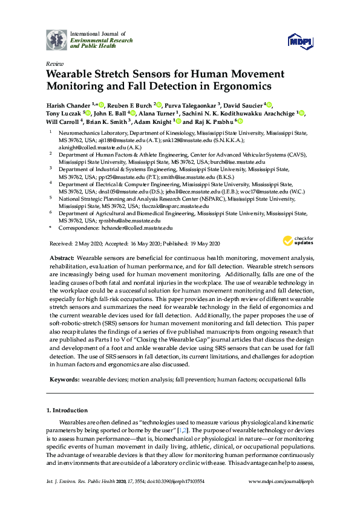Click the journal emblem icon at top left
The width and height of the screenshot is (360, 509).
56,39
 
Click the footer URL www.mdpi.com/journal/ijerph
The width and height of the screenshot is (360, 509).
281,481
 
